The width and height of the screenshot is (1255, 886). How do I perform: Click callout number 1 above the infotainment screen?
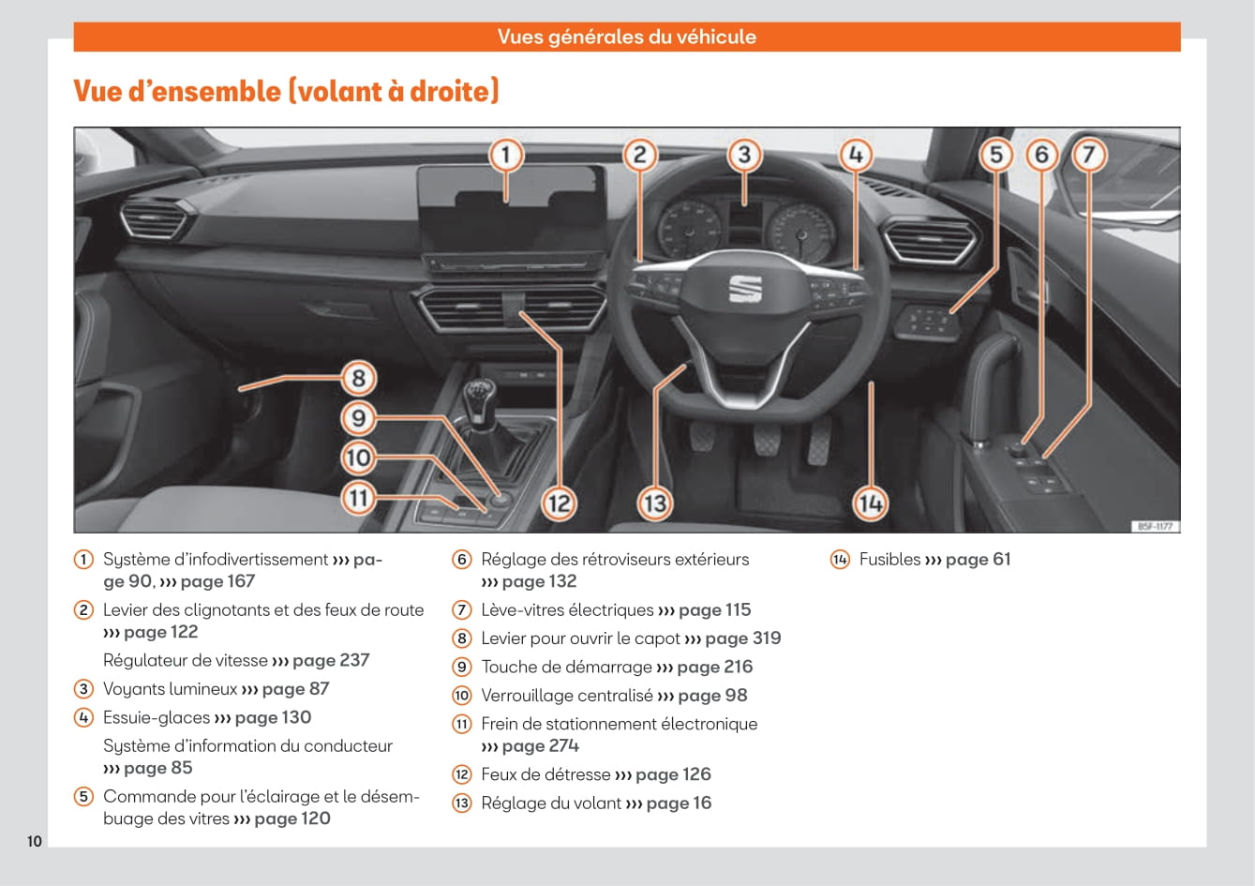506,154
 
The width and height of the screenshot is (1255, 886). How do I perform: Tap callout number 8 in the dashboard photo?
358,378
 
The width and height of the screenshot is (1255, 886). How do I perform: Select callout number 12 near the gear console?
559,503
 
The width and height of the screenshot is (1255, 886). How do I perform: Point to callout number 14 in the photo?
870,503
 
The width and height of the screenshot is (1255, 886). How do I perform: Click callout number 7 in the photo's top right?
1089,154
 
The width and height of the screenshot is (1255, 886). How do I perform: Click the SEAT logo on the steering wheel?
745,290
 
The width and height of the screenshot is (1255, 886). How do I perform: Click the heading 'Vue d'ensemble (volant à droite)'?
286,91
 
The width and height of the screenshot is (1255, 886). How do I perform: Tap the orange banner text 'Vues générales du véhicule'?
626,38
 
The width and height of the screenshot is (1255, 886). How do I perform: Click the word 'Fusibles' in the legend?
889,560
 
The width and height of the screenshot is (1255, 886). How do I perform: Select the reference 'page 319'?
742,638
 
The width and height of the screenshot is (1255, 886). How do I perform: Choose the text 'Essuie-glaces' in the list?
157,718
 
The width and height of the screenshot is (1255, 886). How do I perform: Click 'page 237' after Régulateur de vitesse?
331,661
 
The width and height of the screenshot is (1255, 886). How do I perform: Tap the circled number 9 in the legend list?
462,668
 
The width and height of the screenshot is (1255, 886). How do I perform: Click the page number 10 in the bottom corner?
35,841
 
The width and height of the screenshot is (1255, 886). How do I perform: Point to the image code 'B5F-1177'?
1155,527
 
